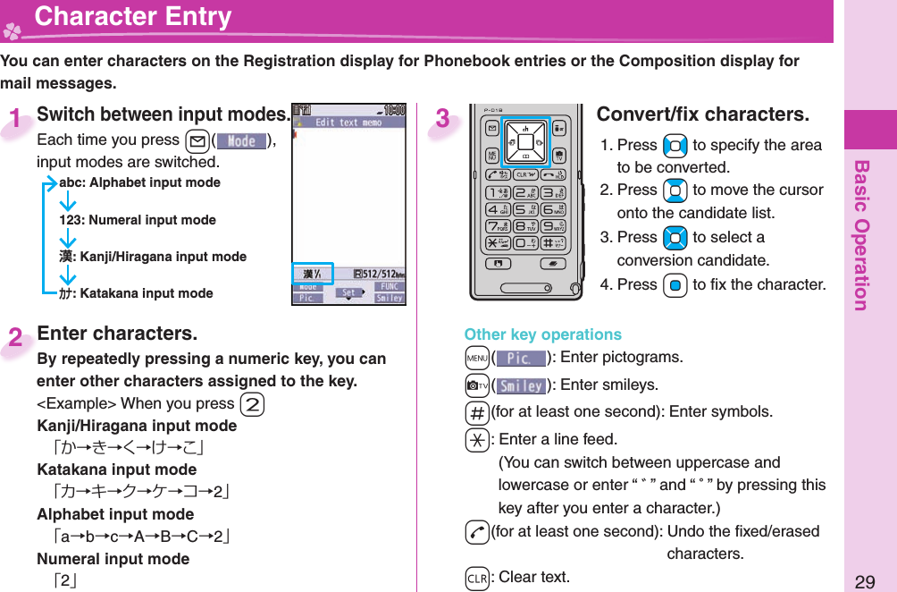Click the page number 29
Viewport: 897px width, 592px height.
pos(864,582)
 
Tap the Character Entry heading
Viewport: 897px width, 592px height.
pos(132,17)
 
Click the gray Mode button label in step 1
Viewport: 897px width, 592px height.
pos(241,140)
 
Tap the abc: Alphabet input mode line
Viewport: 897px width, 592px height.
pos(139,182)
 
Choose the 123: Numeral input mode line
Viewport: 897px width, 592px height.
pos(137,220)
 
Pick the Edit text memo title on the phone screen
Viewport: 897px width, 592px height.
pos(350,123)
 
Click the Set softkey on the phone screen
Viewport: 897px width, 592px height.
pos(349,292)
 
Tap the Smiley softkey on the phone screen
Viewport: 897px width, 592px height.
pos(390,298)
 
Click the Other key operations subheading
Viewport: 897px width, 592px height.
pos(542,334)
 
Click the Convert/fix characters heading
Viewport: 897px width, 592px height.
pos(702,115)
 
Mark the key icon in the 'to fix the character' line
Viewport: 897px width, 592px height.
pos(675,285)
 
